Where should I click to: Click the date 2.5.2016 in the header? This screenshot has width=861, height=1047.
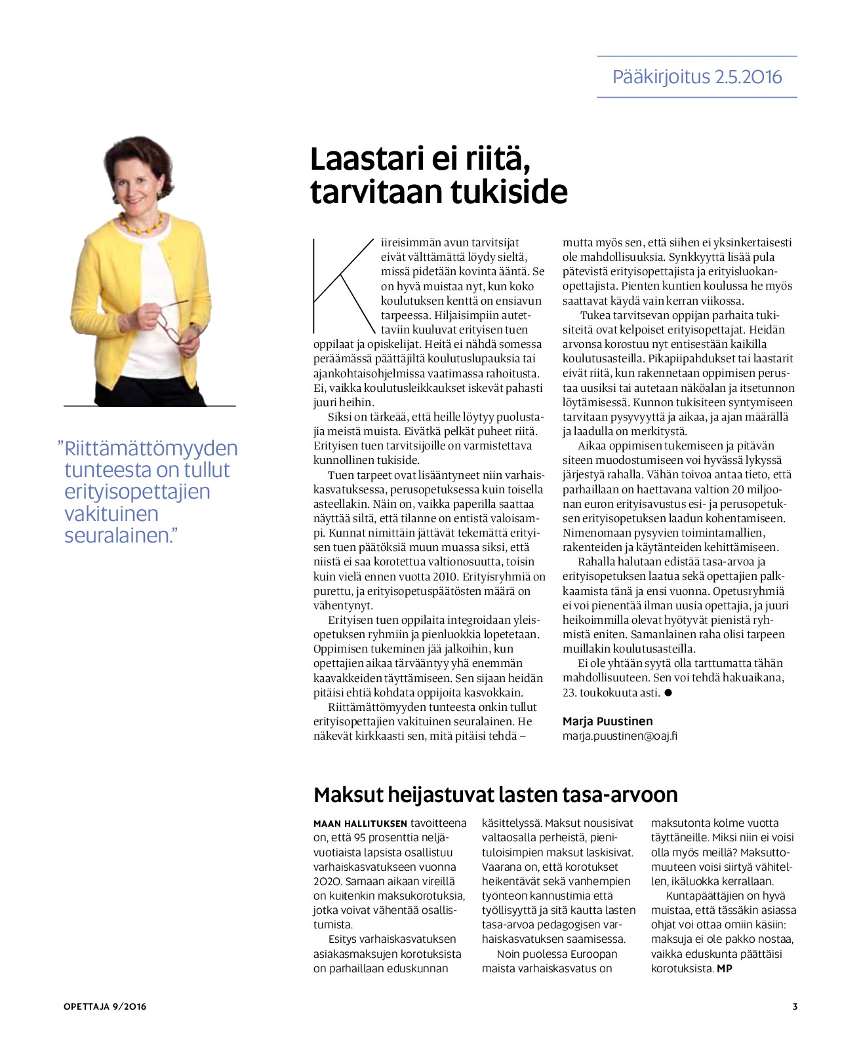[x=749, y=77]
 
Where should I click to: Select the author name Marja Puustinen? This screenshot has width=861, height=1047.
[x=607, y=721]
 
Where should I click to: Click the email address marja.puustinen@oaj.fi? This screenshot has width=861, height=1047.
[x=620, y=736]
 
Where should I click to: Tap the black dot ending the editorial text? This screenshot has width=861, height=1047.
[x=668, y=693]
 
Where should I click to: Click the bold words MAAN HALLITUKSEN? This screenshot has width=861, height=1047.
[x=360, y=824]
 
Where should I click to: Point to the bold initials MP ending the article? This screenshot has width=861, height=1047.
[x=725, y=968]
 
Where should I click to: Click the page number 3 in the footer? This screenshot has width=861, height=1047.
[x=795, y=1006]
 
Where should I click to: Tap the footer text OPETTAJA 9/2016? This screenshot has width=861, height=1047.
[x=105, y=1006]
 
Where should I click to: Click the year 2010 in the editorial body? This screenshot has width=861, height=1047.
[x=446, y=577]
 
